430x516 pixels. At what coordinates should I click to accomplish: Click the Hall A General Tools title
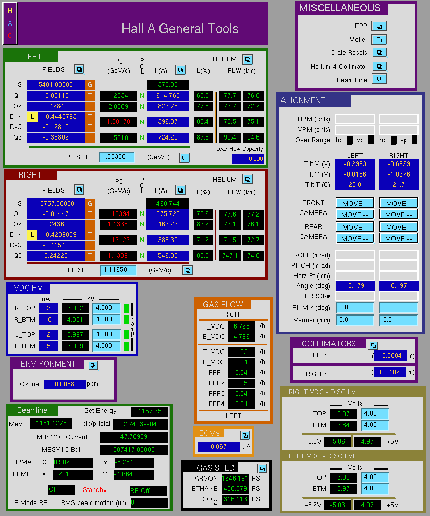tap(180, 29)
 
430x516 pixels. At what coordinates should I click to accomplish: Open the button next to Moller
tap(379, 40)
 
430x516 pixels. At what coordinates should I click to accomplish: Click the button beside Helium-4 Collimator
tap(379, 66)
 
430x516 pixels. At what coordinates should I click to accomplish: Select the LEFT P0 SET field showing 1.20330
tap(117, 157)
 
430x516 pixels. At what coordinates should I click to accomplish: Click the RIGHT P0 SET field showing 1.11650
tap(118, 270)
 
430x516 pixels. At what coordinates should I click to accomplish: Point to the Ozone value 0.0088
tap(65, 384)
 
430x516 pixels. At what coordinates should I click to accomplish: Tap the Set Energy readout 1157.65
tap(150, 411)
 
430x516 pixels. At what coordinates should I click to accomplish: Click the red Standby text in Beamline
tap(94, 489)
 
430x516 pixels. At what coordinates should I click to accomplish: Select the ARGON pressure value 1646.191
tap(235, 478)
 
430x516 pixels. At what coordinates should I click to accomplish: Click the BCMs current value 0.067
tap(218, 447)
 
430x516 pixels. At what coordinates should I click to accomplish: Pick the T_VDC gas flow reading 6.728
tap(241, 326)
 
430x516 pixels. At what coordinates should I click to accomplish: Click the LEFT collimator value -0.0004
tap(390, 356)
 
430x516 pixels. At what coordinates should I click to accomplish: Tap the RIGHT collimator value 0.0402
tap(390, 372)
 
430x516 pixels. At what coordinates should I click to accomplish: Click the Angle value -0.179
tap(355, 286)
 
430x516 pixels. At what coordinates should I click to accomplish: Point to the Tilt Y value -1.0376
tap(399, 174)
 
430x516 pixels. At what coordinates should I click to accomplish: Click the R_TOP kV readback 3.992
tap(75, 308)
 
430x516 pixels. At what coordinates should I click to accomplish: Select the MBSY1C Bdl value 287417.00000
tap(134, 449)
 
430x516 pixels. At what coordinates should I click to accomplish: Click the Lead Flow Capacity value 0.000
tap(248, 159)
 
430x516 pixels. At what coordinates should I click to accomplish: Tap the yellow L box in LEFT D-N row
tap(32, 117)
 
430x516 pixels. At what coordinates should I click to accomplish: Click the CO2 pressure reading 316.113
tap(235, 499)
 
